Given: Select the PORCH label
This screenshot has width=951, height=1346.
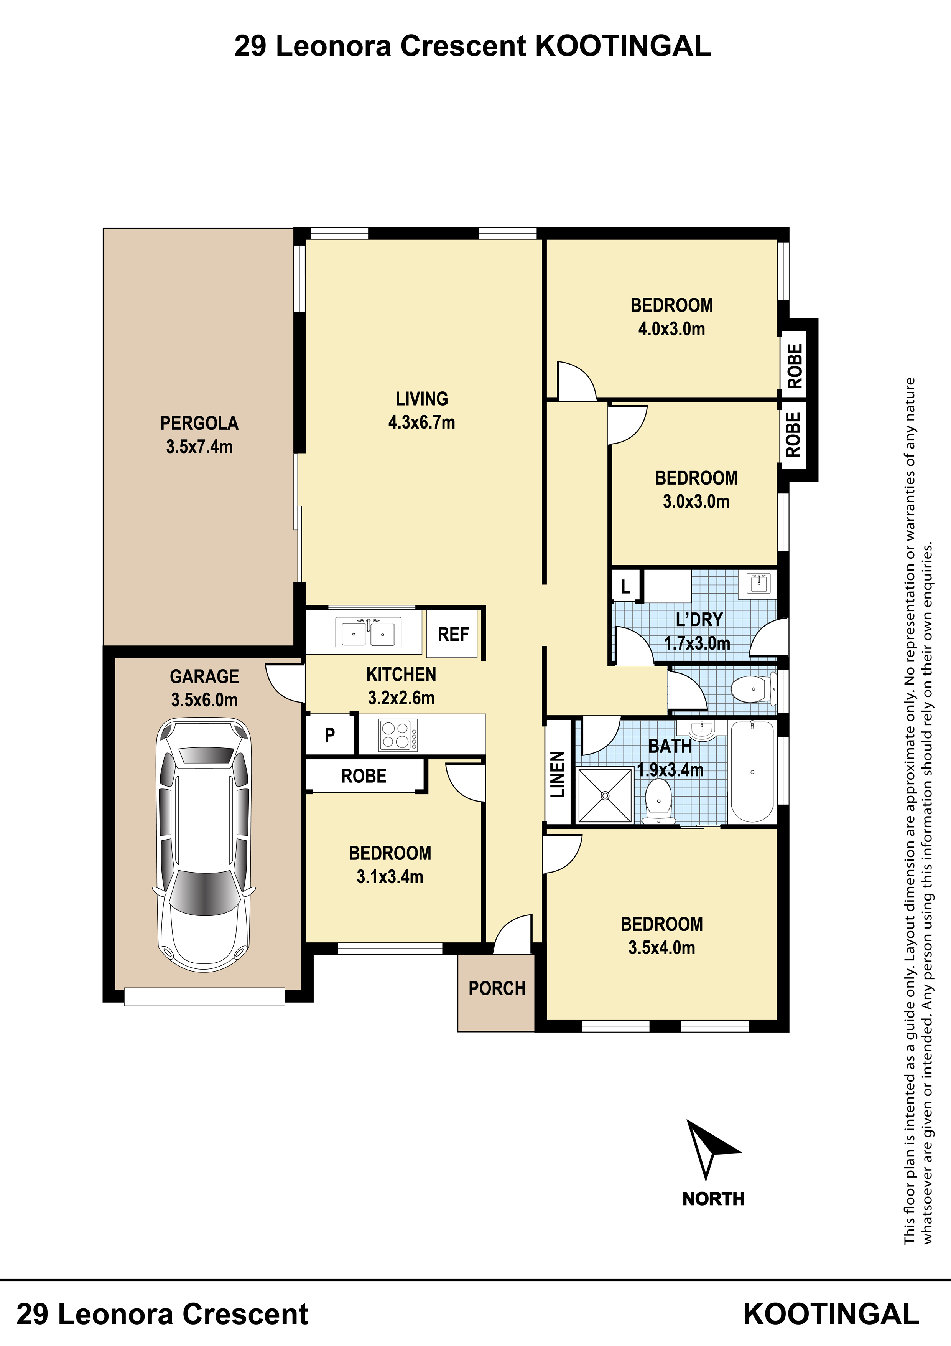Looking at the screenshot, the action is click(x=497, y=988).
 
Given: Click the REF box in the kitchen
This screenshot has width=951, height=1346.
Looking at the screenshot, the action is click(x=452, y=634).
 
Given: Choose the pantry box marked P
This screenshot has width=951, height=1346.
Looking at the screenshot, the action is click(x=330, y=734).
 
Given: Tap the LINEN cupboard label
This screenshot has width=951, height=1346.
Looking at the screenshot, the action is click(x=558, y=774).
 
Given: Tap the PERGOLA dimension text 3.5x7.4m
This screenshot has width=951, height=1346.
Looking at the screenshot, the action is click(x=199, y=447).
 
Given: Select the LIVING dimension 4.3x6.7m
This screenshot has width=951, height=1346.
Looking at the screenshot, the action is click(x=421, y=422).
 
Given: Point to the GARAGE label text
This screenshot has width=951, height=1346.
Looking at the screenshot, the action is click(x=204, y=676).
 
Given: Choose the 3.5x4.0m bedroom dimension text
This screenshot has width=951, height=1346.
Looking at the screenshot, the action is click(x=661, y=947).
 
